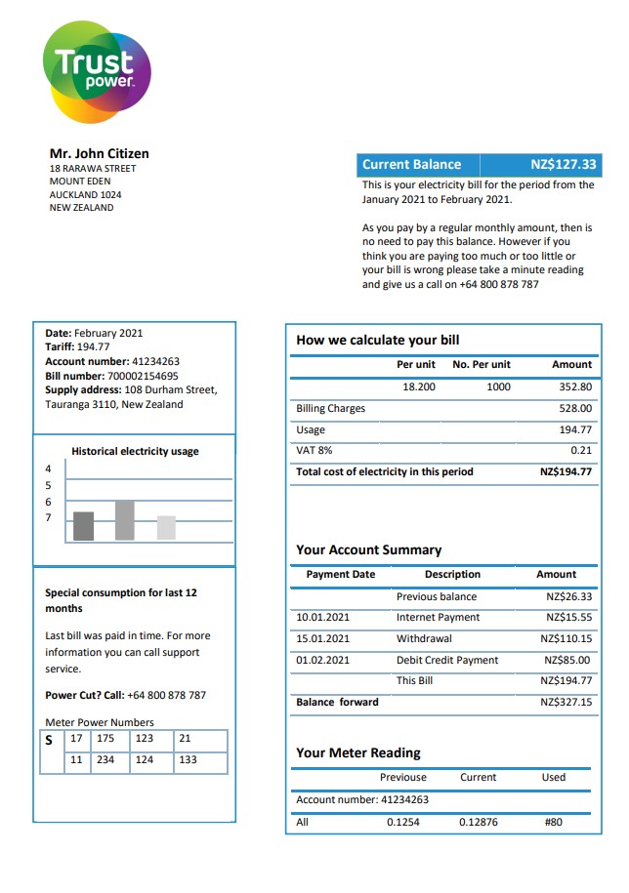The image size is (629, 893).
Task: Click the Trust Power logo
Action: point(97,71)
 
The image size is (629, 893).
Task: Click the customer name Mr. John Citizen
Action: point(99,153)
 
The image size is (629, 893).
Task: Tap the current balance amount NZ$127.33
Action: point(563,165)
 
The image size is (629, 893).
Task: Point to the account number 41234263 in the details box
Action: point(155,361)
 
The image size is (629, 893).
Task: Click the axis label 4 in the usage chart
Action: point(48,469)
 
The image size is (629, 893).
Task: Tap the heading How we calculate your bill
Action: point(377,341)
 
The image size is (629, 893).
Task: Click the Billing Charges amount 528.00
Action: point(575,409)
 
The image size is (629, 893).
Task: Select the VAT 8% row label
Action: point(314,451)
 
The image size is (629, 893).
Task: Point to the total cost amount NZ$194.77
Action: point(566,472)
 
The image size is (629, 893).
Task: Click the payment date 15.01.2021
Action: point(322,639)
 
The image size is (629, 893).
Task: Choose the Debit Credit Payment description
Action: point(446,661)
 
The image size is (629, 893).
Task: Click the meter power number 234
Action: point(105,759)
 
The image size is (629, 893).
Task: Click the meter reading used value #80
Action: point(554,822)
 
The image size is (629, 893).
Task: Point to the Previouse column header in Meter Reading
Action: point(402,778)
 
